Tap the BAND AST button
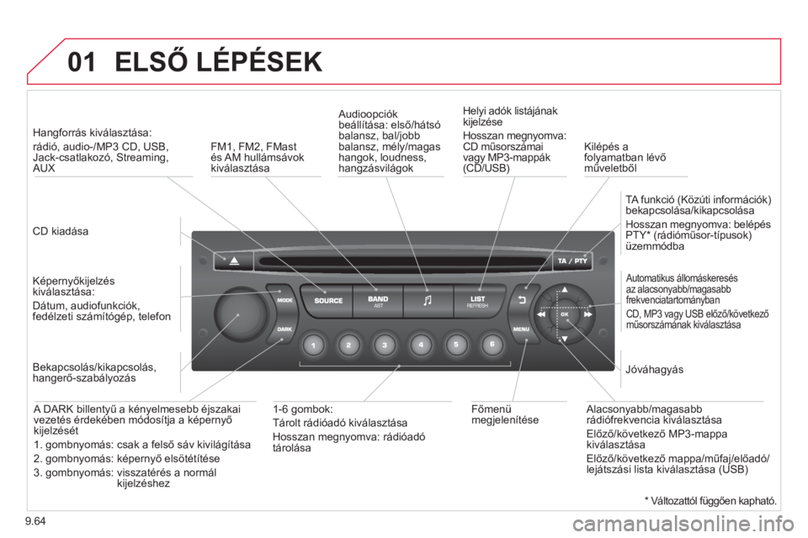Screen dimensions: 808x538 click(x=378, y=301)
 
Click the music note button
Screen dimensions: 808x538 click(x=428, y=301)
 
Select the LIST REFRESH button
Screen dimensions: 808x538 click(x=478, y=301)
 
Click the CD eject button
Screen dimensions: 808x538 click(x=233, y=261)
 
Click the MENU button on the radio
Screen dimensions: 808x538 click(x=523, y=329)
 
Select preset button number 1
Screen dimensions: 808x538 click(x=313, y=345)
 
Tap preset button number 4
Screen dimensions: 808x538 click(x=421, y=345)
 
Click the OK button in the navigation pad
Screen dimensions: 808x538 click(x=564, y=314)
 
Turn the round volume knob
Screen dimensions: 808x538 click(x=241, y=313)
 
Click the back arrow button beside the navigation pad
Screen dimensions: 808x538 click(x=522, y=299)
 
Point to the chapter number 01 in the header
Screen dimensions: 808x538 click(x=82, y=62)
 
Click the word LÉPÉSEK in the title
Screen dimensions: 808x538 click(x=259, y=61)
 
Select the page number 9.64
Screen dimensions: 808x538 click(x=35, y=521)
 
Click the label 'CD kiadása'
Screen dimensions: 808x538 click(x=61, y=231)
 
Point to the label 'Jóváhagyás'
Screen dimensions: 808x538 click(x=654, y=370)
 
